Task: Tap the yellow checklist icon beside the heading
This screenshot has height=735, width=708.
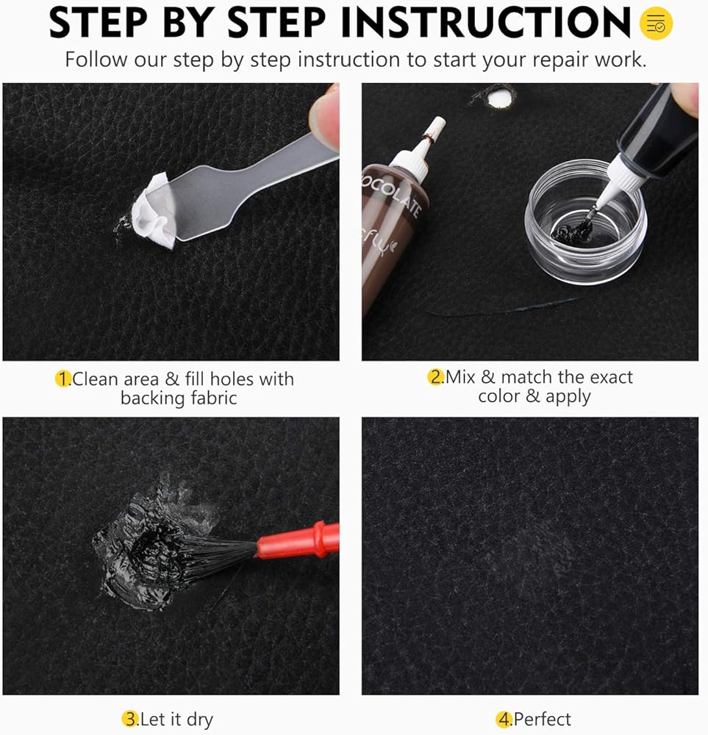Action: tap(656, 23)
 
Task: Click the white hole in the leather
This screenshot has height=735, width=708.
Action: tap(499, 98)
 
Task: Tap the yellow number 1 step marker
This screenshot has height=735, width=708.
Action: tap(62, 379)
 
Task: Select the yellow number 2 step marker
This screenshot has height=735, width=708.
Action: tap(435, 377)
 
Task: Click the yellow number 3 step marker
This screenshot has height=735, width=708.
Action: tap(130, 719)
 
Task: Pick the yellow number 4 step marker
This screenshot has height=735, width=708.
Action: tap(504, 719)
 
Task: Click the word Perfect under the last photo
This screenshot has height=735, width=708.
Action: tap(543, 719)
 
